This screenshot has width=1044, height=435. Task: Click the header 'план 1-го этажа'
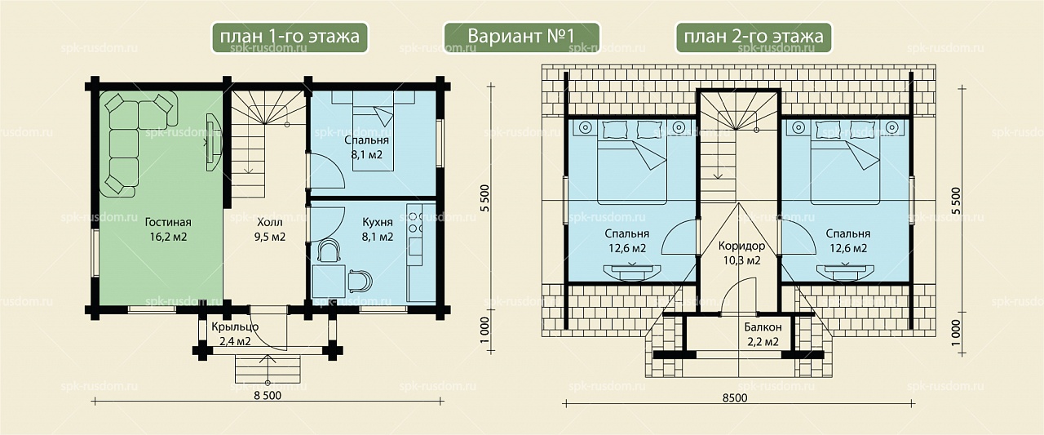[290, 37]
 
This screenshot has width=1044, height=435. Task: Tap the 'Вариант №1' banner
[521, 37]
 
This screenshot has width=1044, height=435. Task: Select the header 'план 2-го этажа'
[754, 37]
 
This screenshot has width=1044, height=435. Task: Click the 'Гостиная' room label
[168, 222]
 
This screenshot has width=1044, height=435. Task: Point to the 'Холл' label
[270, 222]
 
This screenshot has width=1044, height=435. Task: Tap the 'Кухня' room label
[378, 222]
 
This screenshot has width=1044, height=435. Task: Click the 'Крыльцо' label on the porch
[235, 326]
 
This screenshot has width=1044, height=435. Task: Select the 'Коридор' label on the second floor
[741, 245]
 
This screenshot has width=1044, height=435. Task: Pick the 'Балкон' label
[763, 326]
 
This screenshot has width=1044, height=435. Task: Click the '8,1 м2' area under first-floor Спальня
[367, 155]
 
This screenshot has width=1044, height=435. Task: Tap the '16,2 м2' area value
[168, 237]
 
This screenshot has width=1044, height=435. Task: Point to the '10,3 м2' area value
[741, 260]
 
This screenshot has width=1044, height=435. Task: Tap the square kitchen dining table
[329, 281]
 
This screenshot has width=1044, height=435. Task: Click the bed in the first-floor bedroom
[373, 131]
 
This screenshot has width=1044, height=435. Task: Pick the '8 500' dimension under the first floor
[268, 395]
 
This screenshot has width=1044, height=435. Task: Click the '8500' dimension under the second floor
[735, 397]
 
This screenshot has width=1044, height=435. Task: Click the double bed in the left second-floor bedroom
[632, 162]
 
